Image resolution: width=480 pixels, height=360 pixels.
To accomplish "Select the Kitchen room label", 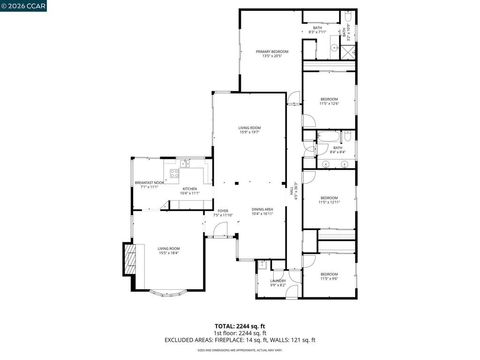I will (x=190, y=190).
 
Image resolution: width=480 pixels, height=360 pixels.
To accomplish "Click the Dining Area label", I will (x=263, y=211).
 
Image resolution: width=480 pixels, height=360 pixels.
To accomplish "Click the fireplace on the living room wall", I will (x=127, y=261).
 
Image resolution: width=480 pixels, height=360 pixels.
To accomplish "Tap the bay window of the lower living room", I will (x=165, y=296).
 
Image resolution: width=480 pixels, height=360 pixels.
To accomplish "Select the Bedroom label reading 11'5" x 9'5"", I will (x=329, y=275).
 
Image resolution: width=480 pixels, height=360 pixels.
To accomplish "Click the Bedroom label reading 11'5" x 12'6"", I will (x=329, y=101).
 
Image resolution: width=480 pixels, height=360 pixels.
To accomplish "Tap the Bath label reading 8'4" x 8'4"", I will (x=338, y=150).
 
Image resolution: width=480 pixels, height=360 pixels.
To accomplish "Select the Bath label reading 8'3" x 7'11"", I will (x=318, y=31).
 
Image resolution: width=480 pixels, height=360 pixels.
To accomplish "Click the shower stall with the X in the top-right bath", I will (x=346, y=31).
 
